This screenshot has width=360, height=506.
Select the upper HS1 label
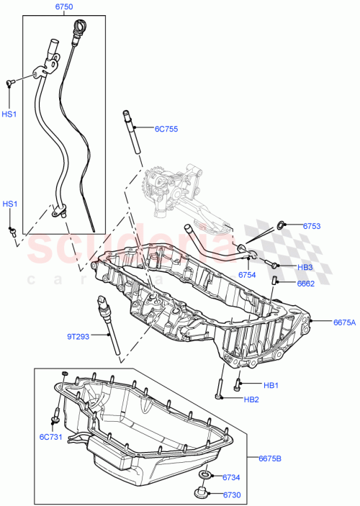(x=8, y=114)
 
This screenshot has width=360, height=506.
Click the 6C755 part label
(x=166, y=130)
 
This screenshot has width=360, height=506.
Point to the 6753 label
(x=312, y=226)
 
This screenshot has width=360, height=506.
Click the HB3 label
(x=305, y=266)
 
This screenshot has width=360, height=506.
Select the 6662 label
(x=306, y=284)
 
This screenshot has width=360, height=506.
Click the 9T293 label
(x=79, y=335)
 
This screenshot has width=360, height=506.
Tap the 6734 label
(x=230, y=477)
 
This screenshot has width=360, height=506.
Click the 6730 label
(x=230, y=495)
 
